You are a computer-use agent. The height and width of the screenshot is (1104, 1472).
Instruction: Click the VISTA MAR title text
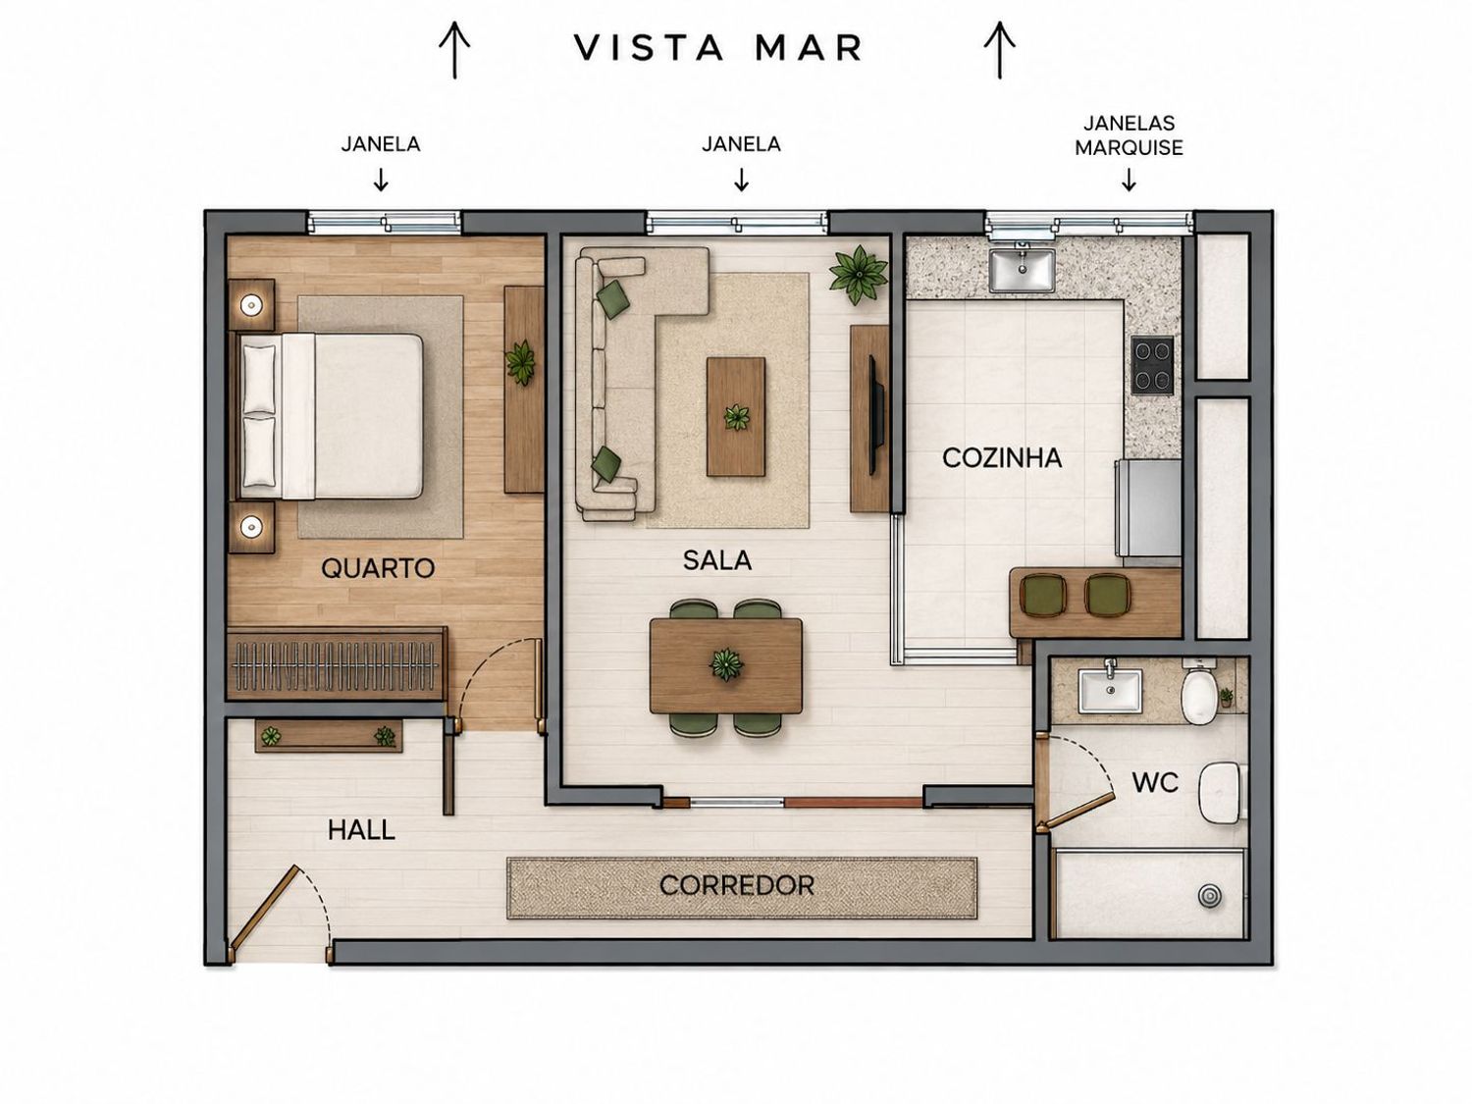point(717,47)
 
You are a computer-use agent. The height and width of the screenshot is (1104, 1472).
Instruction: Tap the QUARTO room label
point(378,568)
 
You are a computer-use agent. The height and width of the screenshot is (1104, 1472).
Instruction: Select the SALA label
point(717,559)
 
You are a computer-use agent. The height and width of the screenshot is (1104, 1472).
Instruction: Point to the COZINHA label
point(1002,458)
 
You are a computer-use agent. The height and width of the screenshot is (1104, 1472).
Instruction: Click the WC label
point(1155,782)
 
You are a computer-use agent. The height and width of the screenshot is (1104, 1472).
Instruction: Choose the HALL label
point(361,830)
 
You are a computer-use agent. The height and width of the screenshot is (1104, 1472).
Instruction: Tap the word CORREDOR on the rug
point(736,885)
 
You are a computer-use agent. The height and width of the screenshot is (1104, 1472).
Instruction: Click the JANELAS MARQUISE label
point(1129,135)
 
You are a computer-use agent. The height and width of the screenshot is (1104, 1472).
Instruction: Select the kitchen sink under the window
point(1022,270)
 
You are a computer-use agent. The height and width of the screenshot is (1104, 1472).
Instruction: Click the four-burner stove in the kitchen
point(1152,365)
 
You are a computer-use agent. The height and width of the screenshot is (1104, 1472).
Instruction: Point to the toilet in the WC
point(1199,696)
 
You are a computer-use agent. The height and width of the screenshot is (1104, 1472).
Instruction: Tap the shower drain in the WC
point(1209,896)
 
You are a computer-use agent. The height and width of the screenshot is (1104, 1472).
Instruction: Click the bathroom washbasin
point(1110,691)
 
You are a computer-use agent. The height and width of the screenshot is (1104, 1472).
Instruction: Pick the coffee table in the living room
point(736,416)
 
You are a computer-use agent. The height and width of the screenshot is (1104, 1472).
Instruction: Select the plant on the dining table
point(725,665)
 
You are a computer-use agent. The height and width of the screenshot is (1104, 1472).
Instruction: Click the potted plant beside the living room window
point(858,274)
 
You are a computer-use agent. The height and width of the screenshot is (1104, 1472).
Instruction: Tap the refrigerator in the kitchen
point(1147,507)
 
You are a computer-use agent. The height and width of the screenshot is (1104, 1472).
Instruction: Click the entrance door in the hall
point(264,908)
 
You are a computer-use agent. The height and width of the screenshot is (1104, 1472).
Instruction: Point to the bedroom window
point(385,222)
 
